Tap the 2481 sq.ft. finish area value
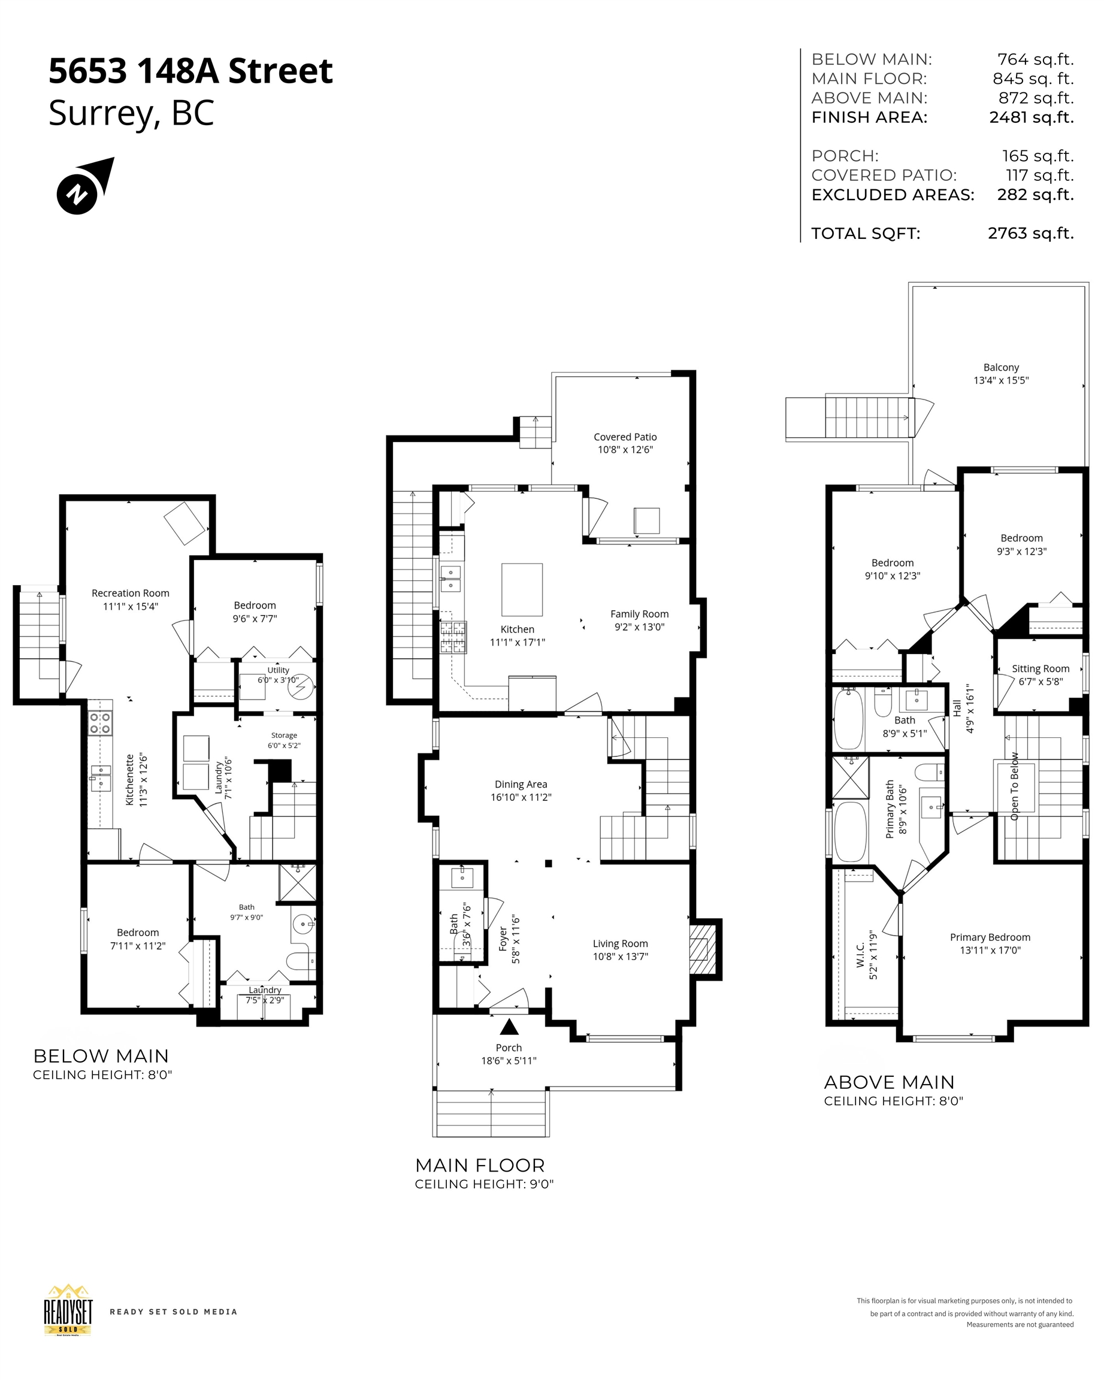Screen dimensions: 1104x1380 tap(1031, 118)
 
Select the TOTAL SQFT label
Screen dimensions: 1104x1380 tap(865, 234)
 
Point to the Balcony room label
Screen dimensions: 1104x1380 tap(1001, 367)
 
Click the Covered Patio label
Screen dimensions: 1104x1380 tap(625, 437)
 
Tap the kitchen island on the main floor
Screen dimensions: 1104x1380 tap(522, 589)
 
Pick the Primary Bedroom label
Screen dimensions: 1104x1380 tap(990, 937)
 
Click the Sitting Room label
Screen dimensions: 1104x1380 tap(1041, 669)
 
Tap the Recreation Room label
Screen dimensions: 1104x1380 tap(131, 594)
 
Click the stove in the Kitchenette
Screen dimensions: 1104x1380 tap(101, 724)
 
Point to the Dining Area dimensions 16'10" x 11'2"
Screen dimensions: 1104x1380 tap(521, 798)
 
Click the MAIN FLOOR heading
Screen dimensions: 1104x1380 tap(480, 1166)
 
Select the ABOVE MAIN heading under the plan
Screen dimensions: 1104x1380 tap(889, 1082)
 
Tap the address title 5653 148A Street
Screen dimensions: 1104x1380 tap(190, 71)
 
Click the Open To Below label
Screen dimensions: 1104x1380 tap(1014, 786)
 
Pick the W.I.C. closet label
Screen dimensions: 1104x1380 tap(861, 955)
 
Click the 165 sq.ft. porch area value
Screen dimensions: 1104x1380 tap(1038, 156)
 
